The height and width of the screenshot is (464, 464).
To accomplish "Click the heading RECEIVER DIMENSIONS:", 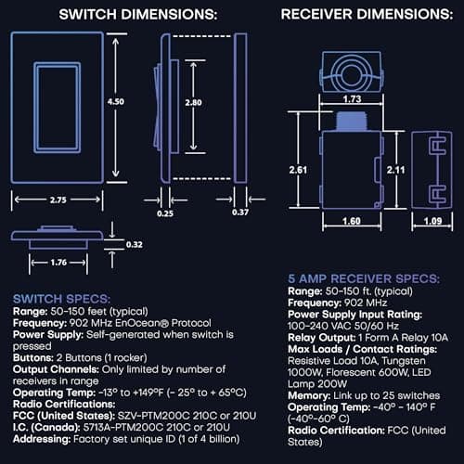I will pos(361,16).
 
